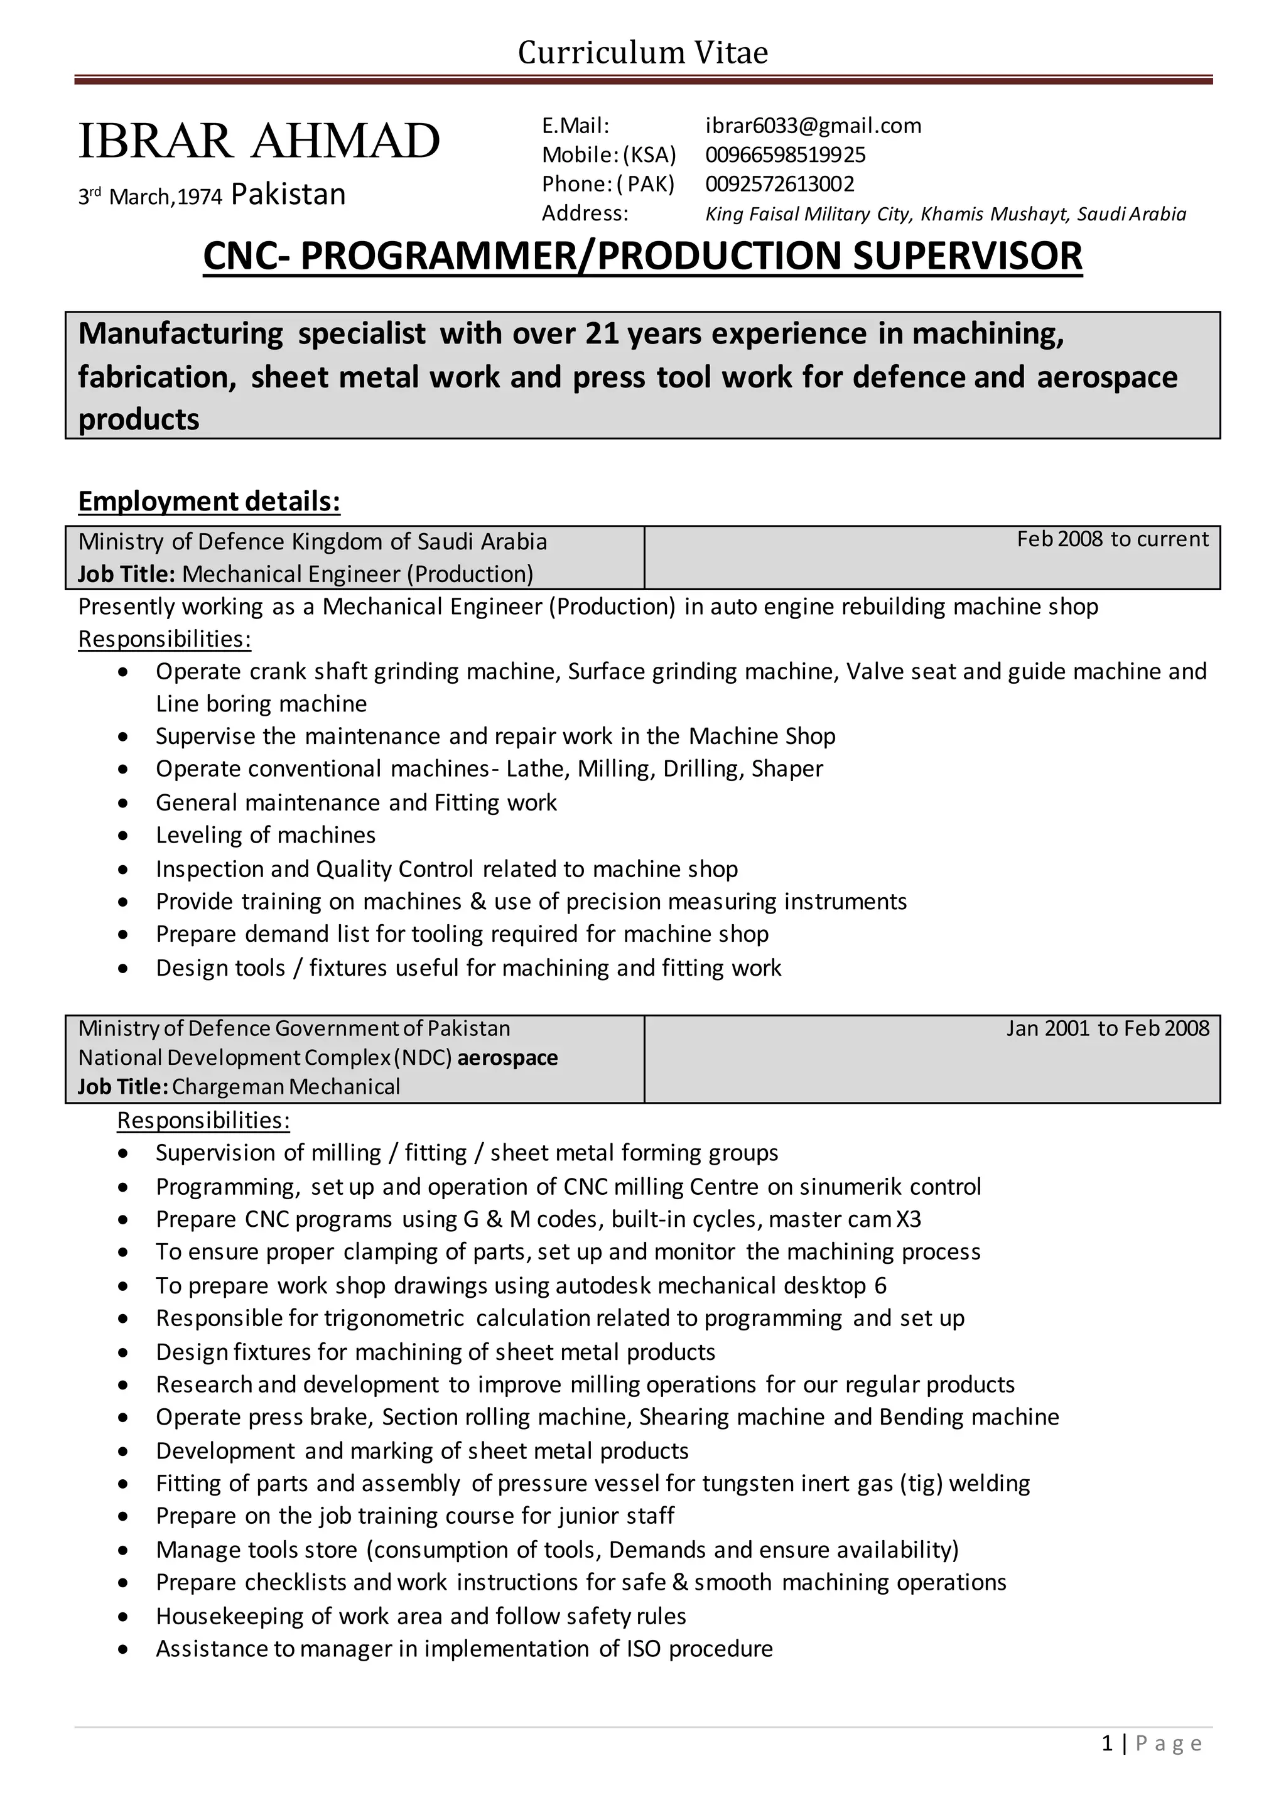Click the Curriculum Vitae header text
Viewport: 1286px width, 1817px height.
click(x=642, y=53)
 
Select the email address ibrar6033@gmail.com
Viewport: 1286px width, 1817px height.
click(x=813, y=126)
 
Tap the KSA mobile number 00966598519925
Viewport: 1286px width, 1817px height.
click(x=786, y=154)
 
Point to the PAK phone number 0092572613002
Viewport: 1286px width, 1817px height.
click(x=780, y=184)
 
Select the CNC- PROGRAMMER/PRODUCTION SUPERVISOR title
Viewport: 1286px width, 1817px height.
click(x=642, y=256)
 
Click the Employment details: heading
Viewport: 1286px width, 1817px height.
click(x=209, y=501)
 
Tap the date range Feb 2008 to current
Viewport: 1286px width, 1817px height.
click(x=1113, y=539)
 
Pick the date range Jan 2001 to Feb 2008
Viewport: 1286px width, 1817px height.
click(x=1108, y=1028)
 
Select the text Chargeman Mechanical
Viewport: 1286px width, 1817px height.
click(x=286, y=1087)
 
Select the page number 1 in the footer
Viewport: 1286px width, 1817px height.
click(x=1107, y=1744)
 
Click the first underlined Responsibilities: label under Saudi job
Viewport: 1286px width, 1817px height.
click(x=165, y=639)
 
